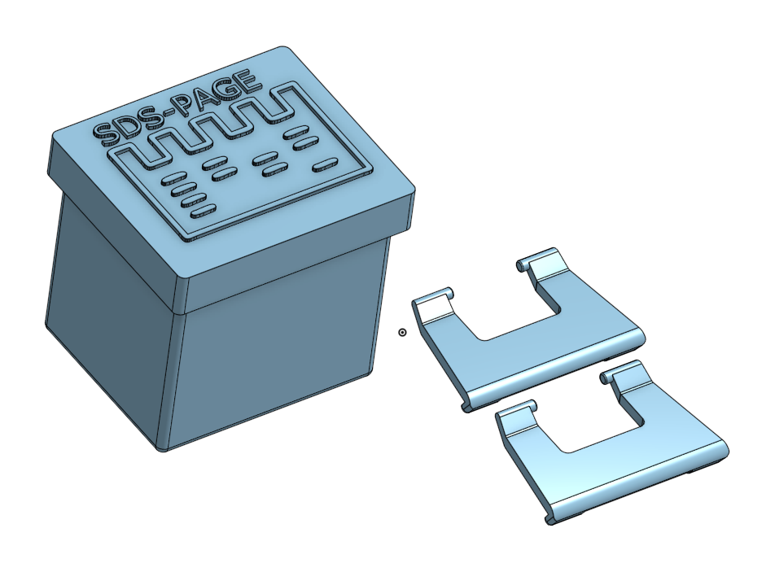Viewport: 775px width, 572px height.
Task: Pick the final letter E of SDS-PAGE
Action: click(248, 82)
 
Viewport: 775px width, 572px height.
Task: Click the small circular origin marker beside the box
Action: click(402, 333)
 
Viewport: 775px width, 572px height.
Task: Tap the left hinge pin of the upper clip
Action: click(449, 292)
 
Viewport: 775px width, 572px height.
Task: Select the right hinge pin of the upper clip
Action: click(522, 265)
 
